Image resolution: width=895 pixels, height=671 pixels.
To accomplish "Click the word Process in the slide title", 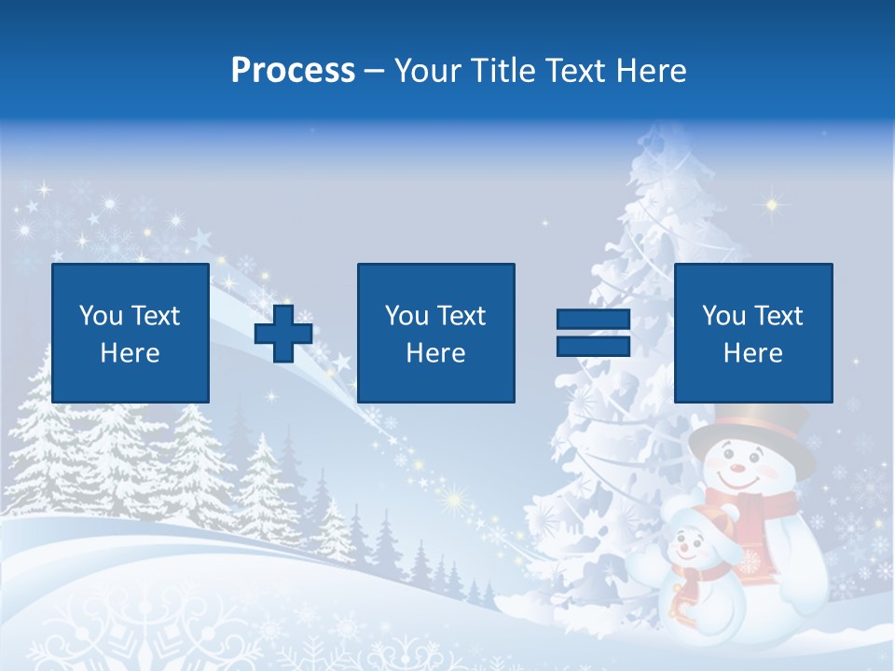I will pos(293,71).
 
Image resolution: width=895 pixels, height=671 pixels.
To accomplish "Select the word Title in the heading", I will pos(503,71).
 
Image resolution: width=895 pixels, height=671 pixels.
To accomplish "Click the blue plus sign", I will pos(283,334).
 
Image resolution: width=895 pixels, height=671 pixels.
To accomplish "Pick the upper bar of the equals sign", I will pos(593,320).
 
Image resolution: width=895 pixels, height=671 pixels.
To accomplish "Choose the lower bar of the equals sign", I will pos(593,347).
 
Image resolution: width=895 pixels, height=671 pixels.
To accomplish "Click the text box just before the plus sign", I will pos(131,333).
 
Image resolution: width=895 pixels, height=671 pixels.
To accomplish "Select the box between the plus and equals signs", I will pos(436,333).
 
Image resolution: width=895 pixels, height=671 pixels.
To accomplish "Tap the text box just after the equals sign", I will pos(753,333).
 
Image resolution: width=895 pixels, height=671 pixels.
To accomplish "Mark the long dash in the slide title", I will pos(375,71).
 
